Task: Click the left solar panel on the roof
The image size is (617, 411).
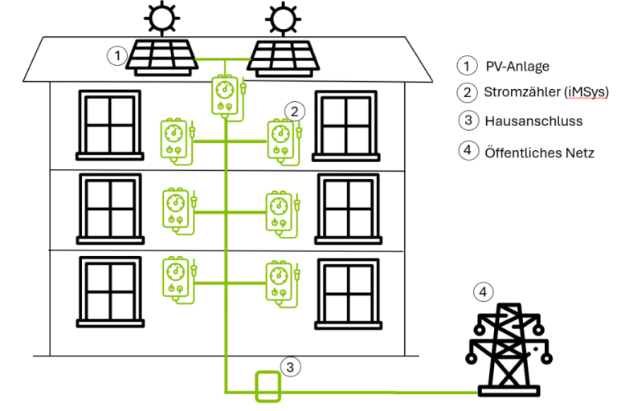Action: (x=164, y=56)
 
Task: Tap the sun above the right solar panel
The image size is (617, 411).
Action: (x=280, y=17)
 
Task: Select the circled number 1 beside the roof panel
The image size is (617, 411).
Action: (x=118, y=55)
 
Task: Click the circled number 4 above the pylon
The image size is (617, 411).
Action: (x=482, y=292)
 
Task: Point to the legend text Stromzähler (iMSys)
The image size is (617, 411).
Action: (x=540, y=92)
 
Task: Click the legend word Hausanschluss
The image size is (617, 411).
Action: (x=533, y=121)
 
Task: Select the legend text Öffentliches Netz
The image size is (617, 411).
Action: (x=539, y=151)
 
